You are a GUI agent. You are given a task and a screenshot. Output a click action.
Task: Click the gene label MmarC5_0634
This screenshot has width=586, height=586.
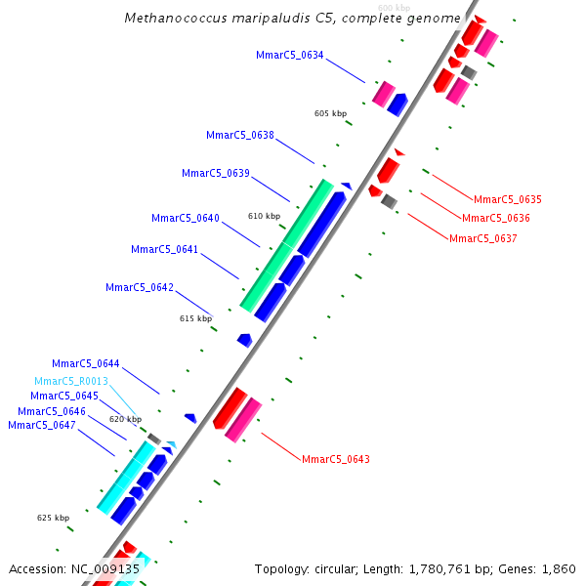pos(289,55)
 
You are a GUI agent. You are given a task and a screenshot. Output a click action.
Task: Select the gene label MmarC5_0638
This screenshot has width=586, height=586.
pos(240,135)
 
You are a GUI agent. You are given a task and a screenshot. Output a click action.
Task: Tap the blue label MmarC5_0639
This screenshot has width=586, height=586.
pos(216,173)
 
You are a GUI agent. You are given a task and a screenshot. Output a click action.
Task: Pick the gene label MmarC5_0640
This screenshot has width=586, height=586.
pos(186,218)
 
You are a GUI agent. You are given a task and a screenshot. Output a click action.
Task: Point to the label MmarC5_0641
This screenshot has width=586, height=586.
pos(165,249)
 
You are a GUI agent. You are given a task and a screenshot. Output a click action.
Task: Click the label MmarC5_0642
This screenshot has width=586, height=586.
pos(140,287)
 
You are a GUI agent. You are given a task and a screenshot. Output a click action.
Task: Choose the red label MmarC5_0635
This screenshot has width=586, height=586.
pos(507,199)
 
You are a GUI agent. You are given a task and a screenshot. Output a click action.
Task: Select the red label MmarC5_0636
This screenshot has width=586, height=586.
pos(495,218)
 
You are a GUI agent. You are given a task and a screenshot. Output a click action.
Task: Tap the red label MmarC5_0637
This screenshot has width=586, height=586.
pos(482,237)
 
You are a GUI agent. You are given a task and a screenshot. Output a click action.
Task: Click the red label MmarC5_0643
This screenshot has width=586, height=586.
pos(335,459)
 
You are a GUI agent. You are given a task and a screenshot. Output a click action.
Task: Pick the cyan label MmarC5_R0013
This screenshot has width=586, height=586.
pos(71,381)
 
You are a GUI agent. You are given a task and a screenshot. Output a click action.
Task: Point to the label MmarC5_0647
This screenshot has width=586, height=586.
pos(41,425)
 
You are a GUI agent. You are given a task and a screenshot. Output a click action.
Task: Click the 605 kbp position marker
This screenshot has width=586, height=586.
pos(330,113)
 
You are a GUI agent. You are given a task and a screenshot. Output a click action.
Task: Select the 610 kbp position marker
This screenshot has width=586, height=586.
pos(264,216)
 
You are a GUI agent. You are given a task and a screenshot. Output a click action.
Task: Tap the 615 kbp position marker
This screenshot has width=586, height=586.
pos(195,318)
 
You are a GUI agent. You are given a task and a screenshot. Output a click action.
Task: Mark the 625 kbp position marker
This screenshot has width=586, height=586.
pos(53,518)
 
